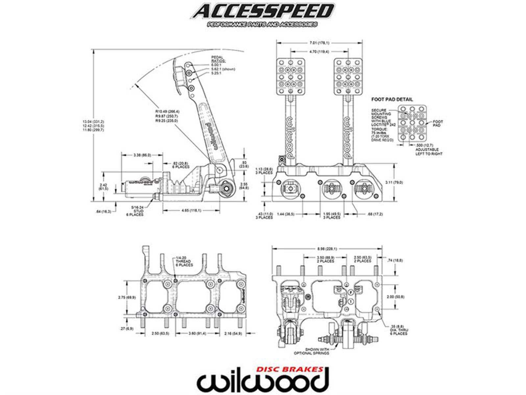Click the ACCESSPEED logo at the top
click(262, 12)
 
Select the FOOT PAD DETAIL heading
click(392, 99)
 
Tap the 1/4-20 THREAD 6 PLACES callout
click(184, 261)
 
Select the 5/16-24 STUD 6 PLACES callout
click(136, 211)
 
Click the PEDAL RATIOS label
click(218, 59)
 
